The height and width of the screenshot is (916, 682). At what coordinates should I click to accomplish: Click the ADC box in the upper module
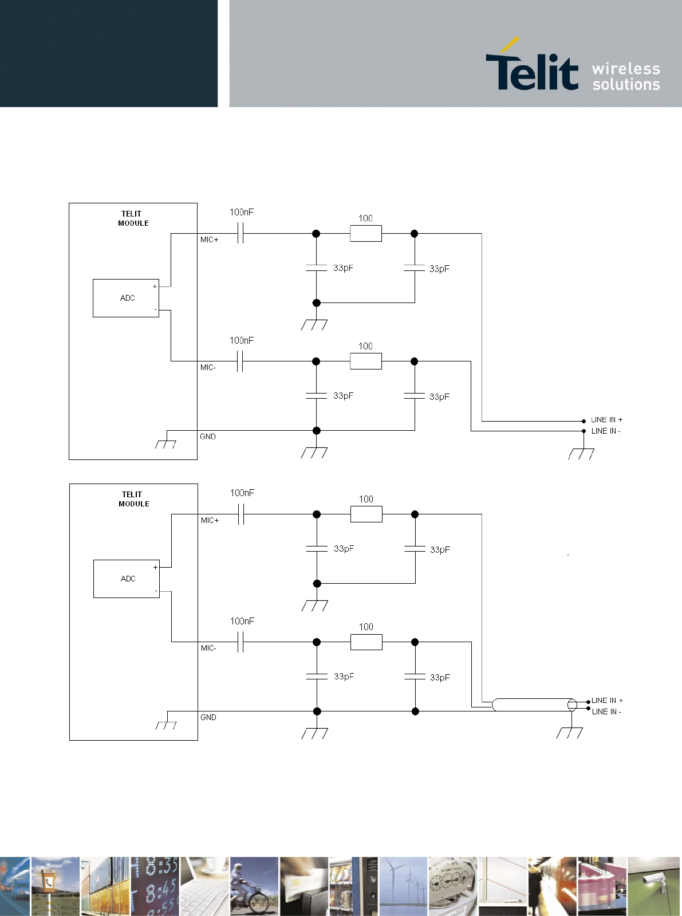coord(126,298)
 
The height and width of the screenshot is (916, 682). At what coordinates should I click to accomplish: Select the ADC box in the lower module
coord(127,579)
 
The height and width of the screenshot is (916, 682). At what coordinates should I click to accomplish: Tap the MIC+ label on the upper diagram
coord(210,239)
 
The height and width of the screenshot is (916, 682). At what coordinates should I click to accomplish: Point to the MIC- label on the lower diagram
coord(208,648)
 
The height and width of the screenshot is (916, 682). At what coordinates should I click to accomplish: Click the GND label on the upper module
coord(208,437)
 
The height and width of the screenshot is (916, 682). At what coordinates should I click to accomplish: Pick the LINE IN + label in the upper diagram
coord(607,419)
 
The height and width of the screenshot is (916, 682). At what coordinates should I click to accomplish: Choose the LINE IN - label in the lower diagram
coord(606,711)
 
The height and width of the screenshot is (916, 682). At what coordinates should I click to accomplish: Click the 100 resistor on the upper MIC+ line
coord(366,233)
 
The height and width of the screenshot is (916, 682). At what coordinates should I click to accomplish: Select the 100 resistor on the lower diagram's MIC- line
coord(366,642)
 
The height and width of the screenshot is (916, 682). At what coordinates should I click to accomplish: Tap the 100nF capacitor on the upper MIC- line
coord(241,361)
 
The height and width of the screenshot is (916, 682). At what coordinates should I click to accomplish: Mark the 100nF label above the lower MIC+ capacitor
coord(242,493)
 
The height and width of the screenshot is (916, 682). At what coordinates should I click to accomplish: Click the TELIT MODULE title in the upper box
coord(133,218)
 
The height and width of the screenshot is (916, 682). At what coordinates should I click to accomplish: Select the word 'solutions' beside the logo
coord(626,84)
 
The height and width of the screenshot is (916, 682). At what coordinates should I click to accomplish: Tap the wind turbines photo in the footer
coord(403,886)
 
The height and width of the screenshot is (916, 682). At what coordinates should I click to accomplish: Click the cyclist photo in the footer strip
coord(254,886)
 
